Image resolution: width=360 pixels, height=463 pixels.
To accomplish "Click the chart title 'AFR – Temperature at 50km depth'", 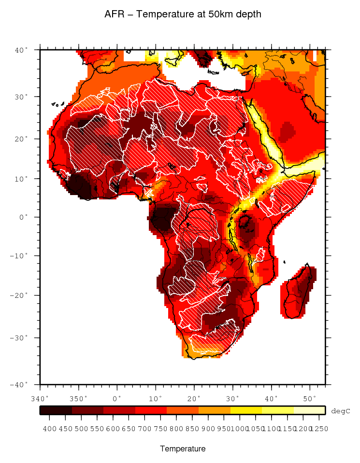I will [x=183, y=14].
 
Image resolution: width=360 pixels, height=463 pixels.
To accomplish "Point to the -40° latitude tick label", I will [x=21, y=384].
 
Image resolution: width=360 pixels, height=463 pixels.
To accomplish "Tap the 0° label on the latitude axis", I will [x=24, y=217].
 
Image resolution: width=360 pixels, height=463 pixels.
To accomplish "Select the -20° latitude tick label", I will [x=21, y=295].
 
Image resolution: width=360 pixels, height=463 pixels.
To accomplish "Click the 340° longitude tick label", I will [x=40, y=398].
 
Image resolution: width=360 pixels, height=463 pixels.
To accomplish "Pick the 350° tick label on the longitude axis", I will [x=79, y=398].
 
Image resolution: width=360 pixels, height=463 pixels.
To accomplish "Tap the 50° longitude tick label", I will [x=309, y=398].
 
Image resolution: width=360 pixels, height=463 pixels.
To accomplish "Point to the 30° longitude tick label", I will [x=232, y=398].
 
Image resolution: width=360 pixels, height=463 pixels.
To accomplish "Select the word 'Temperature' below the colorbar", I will [x=183, y=449].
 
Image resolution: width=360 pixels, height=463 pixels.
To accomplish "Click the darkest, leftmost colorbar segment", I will [x=56, y=410].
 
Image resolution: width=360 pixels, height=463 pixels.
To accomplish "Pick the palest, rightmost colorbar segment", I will [x=309, y=410].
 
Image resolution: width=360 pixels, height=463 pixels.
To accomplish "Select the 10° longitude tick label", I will [x=156, y=398].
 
